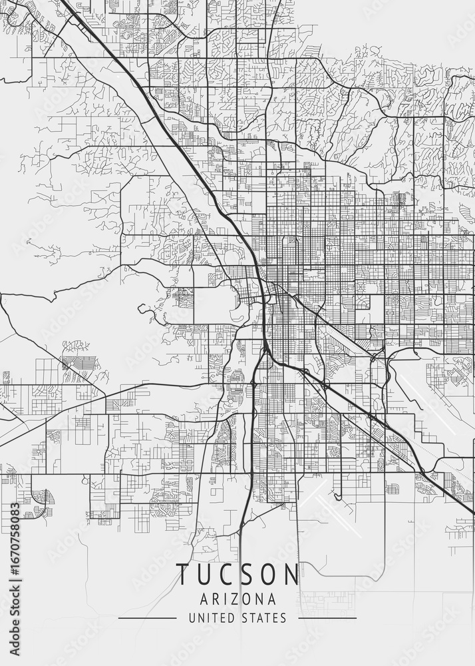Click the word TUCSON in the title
(237, 575)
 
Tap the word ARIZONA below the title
(237, 599)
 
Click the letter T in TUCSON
(182, 575)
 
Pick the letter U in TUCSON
(204, 575)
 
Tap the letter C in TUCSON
(226, 575)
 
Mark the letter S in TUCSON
(246, 575)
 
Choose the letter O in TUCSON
(268, 575)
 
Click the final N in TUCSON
(291, 575)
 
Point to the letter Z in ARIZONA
(237, 599)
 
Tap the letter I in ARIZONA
(226, 599)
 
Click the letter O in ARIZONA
(249, 599)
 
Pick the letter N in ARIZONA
(261, 599)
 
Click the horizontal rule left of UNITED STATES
(147, 618)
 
